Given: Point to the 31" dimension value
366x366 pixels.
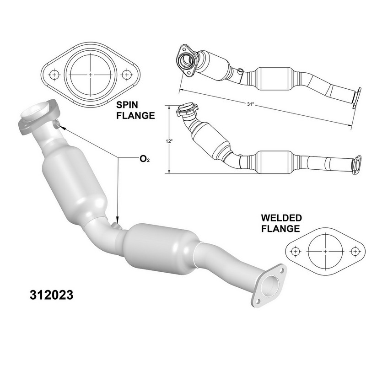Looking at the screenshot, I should coord(249,105).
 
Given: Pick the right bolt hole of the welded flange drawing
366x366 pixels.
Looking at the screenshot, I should coord(354,251).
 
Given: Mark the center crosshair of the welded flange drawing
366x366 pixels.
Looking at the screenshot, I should coord(325,251).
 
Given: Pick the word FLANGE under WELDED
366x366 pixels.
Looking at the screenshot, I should coord(280,228).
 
